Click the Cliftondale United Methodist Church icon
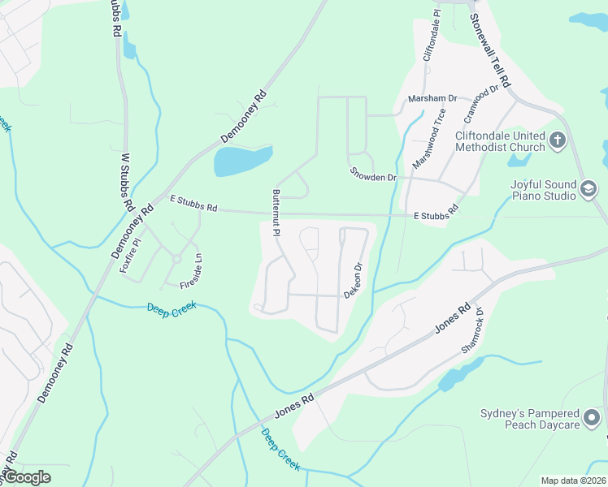tap(558, 140)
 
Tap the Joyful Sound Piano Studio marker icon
tap(588, 190)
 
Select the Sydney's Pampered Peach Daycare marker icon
tap(594, 419)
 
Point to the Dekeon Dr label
tap(352, 280)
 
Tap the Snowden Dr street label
tap(373, 175)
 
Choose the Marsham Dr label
tap(432, 97)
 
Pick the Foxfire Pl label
tap(131, 254)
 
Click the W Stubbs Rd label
tap(127, 183)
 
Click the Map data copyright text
tap(573, 481)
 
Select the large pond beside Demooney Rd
tap(242, 162)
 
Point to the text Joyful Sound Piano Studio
tap(543, 190)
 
